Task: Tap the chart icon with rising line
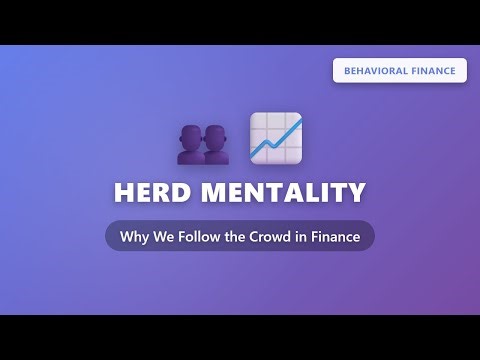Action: coord(276,138)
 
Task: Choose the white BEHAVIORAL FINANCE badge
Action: coord(400,71)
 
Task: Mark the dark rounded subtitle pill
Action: coord(240,236)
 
